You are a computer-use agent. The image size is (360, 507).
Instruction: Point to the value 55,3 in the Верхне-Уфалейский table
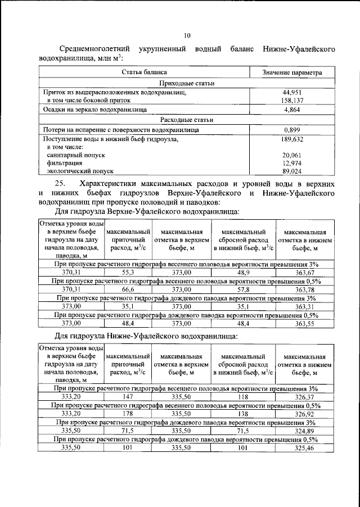[128, 273]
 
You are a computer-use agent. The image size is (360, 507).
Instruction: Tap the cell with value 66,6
[128, 289]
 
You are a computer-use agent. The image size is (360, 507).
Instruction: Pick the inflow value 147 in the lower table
[128, 397]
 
